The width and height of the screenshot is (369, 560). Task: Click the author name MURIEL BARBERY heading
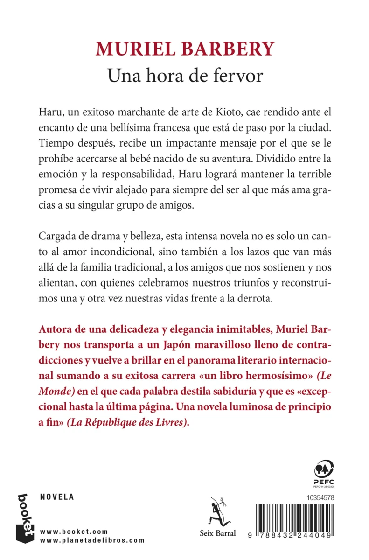[184, 49]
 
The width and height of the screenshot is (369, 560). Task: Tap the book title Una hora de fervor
[184, 75]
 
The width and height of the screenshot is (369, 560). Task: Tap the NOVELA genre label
[57, 497]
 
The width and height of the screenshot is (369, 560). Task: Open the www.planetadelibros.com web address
[92, 540]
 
